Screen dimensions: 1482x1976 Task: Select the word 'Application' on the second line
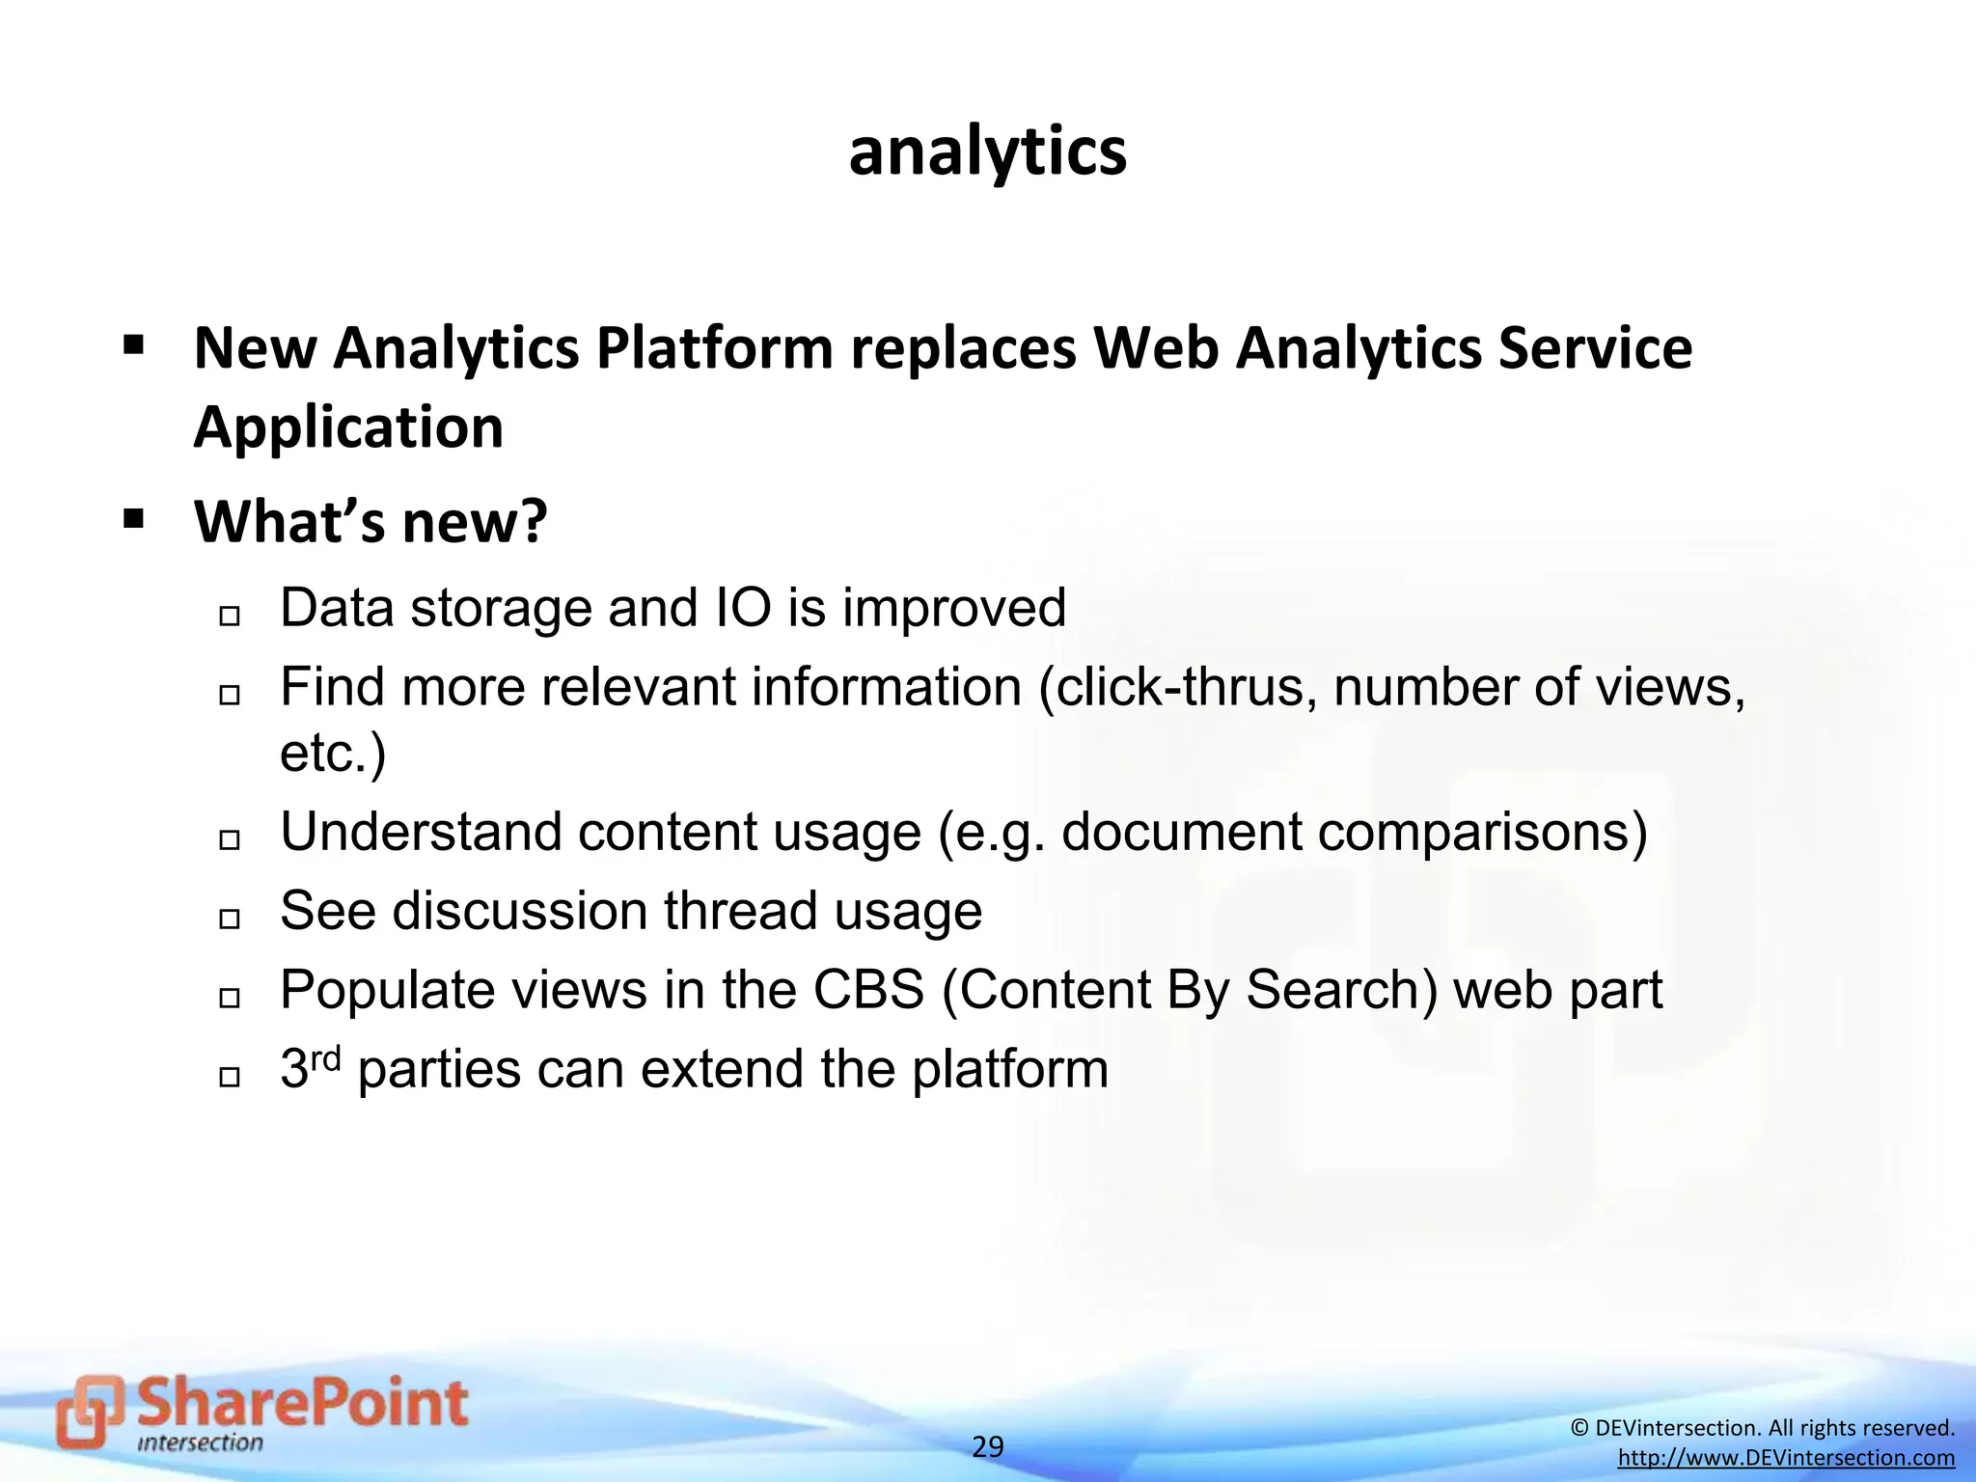click(x=348, y=426)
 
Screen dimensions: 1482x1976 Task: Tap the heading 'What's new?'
click(x=370, y=521)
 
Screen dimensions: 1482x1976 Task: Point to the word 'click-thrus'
click(x=1176, y=687)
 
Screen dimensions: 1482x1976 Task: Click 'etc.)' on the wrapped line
click(x=333, y=753)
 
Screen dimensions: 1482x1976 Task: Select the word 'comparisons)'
click(x=1483, y=831)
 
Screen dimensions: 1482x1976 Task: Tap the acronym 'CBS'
click(x=868, y=990)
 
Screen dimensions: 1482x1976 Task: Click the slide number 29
click(x=987, y=1447)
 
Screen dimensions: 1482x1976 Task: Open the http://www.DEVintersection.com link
click(x=1786, y=1458)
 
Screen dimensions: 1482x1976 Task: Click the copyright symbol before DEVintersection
click(x=1579, y=1428)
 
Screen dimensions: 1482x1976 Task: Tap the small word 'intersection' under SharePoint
click(x=200, y=1444)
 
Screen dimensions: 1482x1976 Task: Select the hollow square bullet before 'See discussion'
click(x=229, y=919)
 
